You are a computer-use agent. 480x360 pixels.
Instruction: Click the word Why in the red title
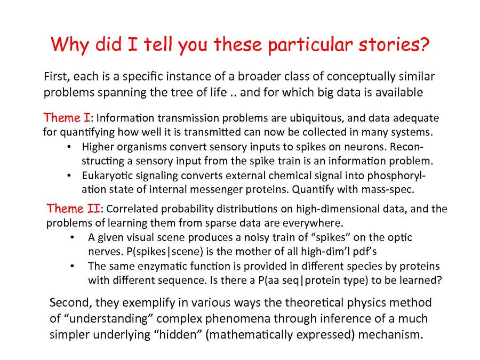click(70, 45)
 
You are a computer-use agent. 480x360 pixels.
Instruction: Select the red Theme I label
click(67, 117)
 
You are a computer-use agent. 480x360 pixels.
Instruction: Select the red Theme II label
click(73, 209)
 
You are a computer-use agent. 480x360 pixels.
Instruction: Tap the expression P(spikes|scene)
click(165, 252)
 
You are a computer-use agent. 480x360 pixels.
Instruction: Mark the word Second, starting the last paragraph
click(71, 303)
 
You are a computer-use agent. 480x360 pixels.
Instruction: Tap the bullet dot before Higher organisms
click(69, 147)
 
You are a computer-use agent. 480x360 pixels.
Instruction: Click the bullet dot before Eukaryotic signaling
click(69, 176)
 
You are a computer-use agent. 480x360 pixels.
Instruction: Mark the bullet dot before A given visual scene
click(72, 237)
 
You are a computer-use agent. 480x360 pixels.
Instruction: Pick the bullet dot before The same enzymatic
click(72, 266)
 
